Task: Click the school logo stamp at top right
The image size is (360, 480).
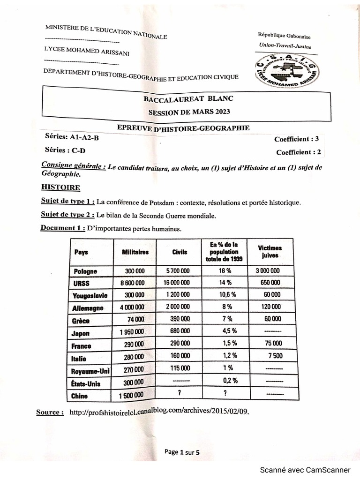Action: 286,71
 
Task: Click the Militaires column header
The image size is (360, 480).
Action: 135,252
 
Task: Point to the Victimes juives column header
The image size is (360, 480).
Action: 270,252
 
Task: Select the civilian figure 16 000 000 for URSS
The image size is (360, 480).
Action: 177,283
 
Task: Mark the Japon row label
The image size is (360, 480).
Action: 81,334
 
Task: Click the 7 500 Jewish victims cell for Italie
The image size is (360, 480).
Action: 275,356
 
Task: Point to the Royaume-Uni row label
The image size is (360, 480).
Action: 90,371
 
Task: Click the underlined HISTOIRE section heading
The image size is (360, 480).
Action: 60,187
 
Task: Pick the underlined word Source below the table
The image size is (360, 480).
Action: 50,412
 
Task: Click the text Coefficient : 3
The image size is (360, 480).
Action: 297,139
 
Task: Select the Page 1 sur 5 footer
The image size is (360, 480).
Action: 182,452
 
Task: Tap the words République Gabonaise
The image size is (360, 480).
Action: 284,36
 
